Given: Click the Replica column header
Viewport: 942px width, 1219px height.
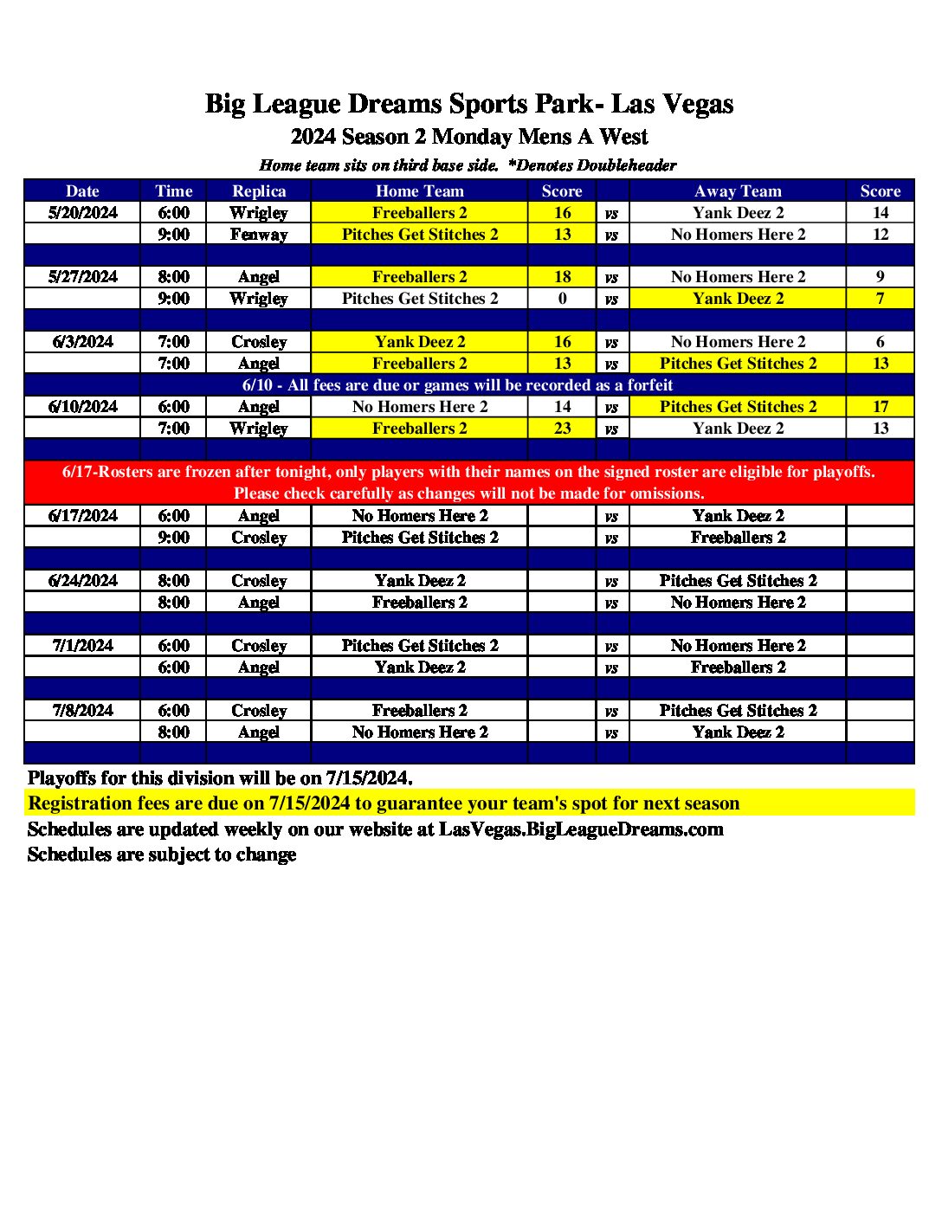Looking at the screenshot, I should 259,191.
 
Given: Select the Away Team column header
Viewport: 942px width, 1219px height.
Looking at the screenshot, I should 738,191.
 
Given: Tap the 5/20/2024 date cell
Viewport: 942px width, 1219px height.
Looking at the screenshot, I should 82,213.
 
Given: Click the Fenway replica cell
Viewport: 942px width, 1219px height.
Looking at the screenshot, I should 259,235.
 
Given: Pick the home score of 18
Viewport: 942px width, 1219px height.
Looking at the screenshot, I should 562,277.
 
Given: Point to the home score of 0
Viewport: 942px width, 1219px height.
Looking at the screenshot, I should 562,299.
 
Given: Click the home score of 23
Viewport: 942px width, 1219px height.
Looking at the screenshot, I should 562,429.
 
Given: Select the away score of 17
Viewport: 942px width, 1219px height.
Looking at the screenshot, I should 880,407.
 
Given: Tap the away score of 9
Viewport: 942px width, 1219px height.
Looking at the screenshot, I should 880,277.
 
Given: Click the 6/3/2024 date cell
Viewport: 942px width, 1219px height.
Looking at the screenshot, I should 82,342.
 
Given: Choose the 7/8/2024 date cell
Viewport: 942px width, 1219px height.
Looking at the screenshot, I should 82,711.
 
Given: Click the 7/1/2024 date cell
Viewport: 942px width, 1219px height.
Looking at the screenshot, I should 82,646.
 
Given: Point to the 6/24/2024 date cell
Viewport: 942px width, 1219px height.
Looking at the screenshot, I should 82,581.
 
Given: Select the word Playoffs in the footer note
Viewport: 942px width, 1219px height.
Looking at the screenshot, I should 61,777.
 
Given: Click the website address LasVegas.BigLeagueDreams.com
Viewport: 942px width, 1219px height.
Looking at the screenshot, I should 581,829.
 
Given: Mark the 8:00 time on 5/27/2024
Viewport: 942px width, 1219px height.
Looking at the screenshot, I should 173,277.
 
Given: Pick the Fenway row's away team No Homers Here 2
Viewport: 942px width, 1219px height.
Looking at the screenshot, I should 738,235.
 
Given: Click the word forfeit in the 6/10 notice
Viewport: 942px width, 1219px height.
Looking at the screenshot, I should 643,385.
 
